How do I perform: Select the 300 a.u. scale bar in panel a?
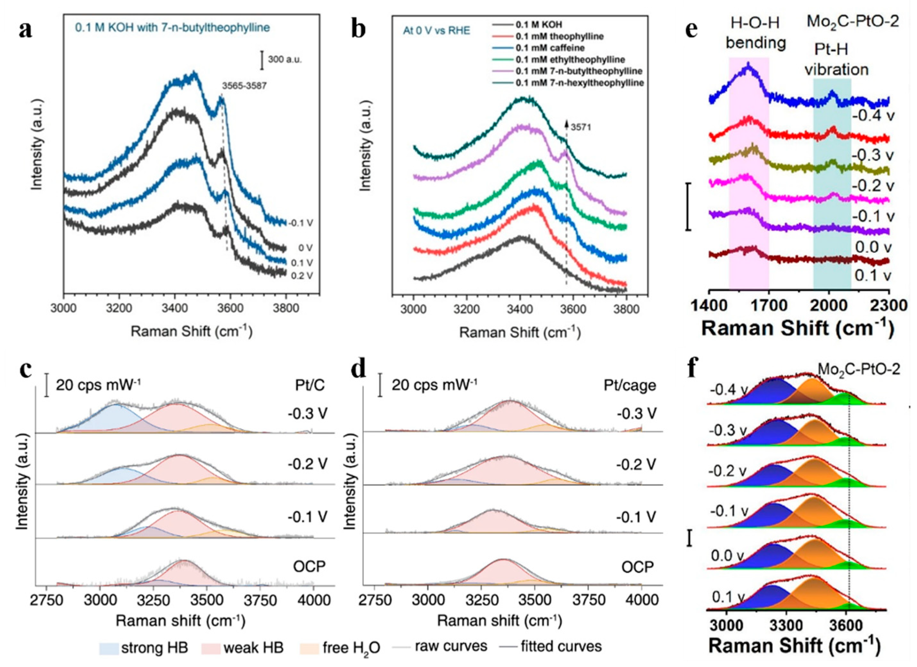262,59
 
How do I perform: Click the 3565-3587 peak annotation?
244,86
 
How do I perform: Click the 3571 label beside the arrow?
581,128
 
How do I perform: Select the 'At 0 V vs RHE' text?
436,31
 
